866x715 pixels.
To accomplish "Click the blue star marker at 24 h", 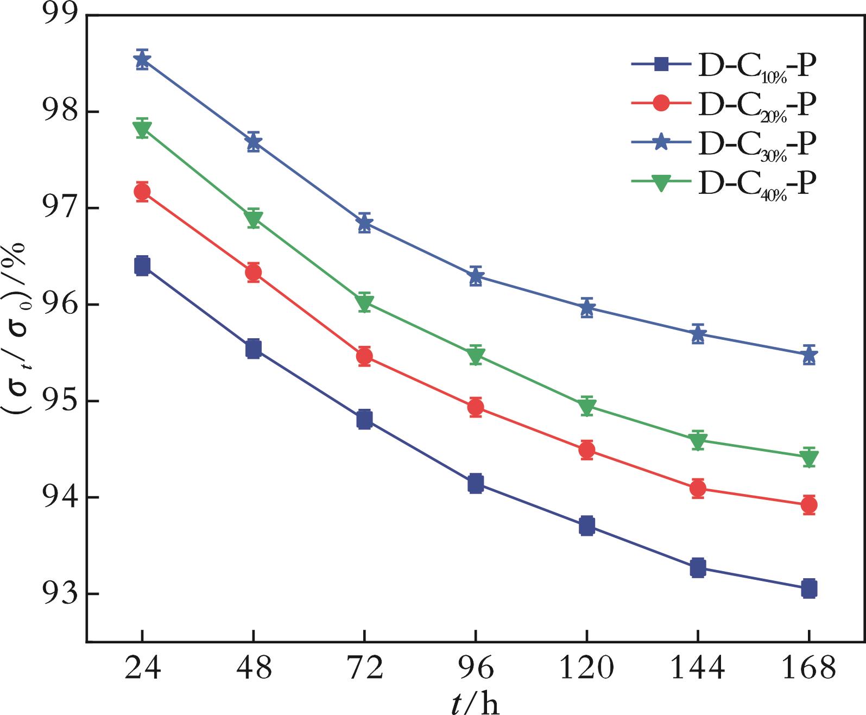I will (142, 60).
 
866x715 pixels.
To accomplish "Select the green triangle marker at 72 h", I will (364, 302).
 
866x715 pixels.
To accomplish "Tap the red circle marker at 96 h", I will (476, 407).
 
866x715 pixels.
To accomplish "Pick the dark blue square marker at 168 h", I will (809, 589).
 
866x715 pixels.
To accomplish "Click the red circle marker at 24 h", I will (142, 192).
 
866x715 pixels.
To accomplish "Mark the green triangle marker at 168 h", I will (809, 458).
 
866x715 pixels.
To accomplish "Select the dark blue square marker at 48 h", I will (253, 349).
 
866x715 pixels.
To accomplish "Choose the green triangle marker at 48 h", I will (253, 218).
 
